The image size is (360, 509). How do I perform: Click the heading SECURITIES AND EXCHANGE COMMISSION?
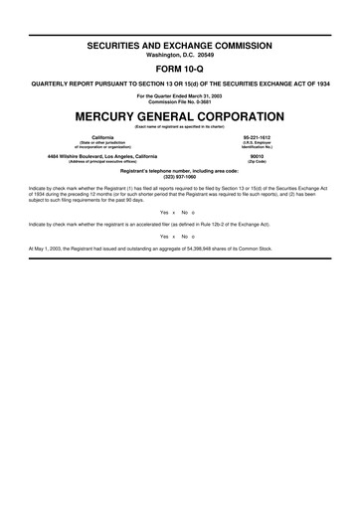[180, 46]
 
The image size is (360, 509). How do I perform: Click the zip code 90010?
[257, 155]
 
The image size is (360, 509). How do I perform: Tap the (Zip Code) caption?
[257, 161]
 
